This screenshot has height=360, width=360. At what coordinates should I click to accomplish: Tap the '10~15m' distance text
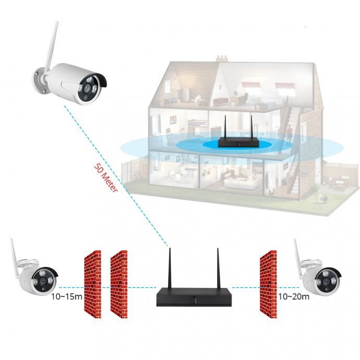66,297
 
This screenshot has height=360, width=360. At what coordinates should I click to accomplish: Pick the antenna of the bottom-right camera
297,254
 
